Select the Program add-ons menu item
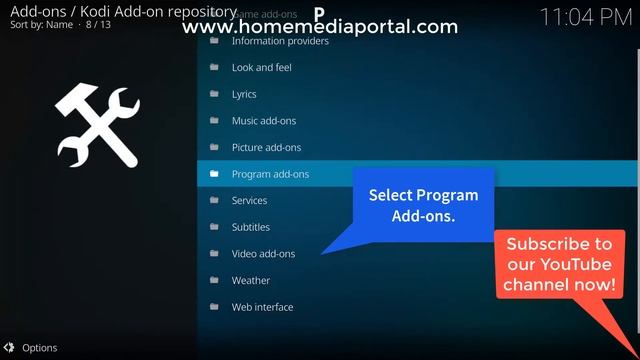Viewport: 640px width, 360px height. pos(270,174)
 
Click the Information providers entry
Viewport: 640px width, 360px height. pos(279,41)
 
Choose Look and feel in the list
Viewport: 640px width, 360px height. pos(261,67)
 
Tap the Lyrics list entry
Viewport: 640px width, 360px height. pos(244,94)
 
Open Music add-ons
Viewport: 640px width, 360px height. pos(264,121)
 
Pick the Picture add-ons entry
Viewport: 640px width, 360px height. pos(266,147)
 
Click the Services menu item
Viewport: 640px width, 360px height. pos(249,201)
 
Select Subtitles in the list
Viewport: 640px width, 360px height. pos(250,227)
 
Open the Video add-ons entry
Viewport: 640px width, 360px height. pos(263,254)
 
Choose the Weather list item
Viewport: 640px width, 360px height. pos(250,281)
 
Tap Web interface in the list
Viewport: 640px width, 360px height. pos(262,307)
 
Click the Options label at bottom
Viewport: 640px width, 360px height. pos(39,348)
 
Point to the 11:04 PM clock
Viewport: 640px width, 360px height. pos(586,17)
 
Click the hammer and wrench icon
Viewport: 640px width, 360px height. pos(98,126)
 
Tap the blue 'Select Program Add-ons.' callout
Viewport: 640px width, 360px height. pos(423,205)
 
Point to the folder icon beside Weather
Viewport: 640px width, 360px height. pos(214,281)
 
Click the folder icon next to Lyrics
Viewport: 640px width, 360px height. pos(214,94)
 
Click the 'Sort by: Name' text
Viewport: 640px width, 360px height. pos(41,23)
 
